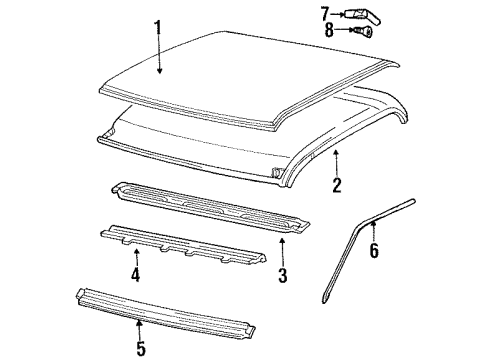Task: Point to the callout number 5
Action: point(139,348)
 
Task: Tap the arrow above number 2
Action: point(336,160)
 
